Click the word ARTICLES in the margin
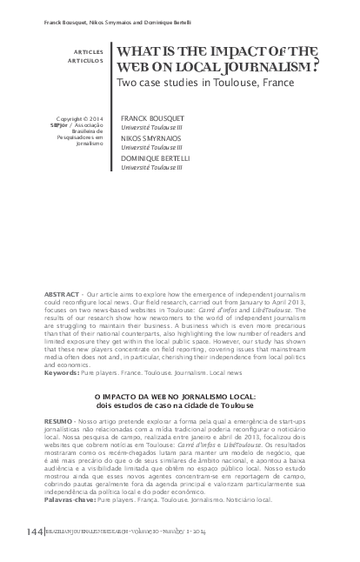[x=87, y=53]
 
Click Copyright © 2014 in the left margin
[x=80, y=118]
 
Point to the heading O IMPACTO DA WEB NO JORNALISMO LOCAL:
[x=180, y=397]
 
